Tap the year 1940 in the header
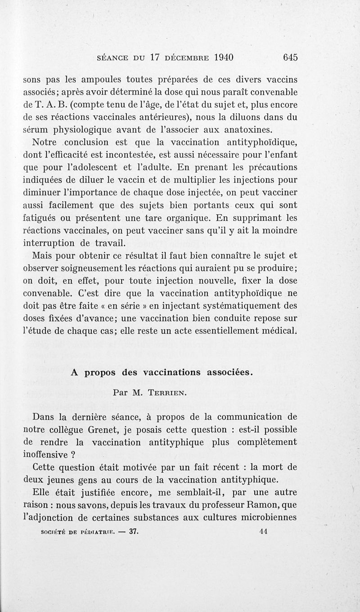218,58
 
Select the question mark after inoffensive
71,454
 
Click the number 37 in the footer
133,530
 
